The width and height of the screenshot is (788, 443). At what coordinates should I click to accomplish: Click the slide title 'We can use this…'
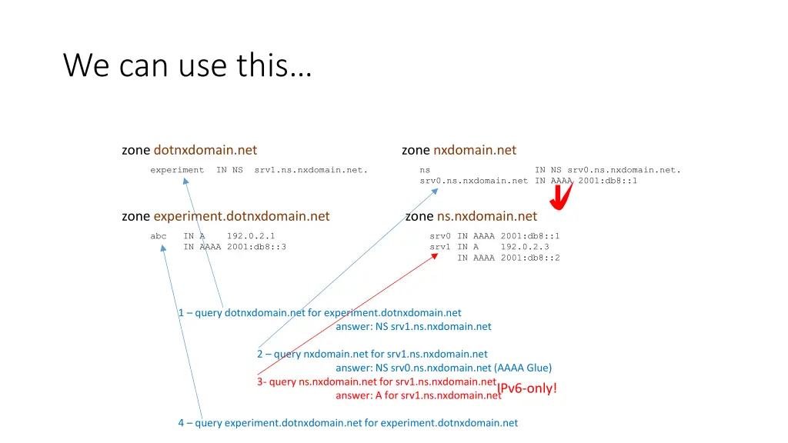[187, 65]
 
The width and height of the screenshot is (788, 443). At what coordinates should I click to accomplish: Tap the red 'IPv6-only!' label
[527, 388]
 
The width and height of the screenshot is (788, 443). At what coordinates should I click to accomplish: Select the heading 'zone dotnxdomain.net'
[189, 150]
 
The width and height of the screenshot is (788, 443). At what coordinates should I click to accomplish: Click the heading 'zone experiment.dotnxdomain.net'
[225, 216]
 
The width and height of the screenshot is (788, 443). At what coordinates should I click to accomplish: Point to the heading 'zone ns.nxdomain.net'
[471, 216]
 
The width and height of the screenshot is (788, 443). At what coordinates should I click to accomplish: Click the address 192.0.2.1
[251, 236]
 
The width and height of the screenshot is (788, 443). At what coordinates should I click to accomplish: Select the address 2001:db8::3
[256, 247]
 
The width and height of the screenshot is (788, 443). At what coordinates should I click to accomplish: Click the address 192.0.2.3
[525, 247]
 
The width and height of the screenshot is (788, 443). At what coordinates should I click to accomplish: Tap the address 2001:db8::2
[530, 258]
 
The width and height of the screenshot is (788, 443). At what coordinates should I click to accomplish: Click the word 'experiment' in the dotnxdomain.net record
[177, 170]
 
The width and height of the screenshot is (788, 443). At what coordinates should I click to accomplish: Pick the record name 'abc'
[159, 236]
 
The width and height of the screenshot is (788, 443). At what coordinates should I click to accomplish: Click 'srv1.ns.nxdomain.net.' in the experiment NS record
[311, 170]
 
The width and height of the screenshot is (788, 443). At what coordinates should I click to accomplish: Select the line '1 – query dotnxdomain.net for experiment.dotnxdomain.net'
[319, 313]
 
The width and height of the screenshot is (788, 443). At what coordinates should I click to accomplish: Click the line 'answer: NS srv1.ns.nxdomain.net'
[413, 326]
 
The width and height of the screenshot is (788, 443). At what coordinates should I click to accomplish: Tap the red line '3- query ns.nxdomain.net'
[376, 381]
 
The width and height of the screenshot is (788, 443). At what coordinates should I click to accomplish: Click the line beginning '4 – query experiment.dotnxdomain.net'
[348, 422]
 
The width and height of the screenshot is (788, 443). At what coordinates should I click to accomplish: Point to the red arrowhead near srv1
[436, 256]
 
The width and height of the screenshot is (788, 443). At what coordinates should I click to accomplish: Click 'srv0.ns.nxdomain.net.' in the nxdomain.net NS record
[624, 170]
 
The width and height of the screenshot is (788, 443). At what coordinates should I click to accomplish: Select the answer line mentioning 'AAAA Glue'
[443, 368]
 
